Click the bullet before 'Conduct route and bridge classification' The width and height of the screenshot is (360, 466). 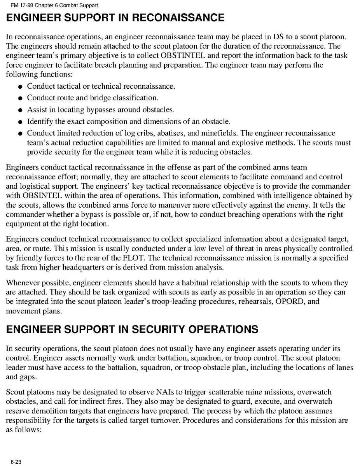[20, 98]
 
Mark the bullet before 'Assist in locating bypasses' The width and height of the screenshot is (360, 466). [20, 110]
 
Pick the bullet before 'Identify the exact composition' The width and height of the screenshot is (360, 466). [20, 122]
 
